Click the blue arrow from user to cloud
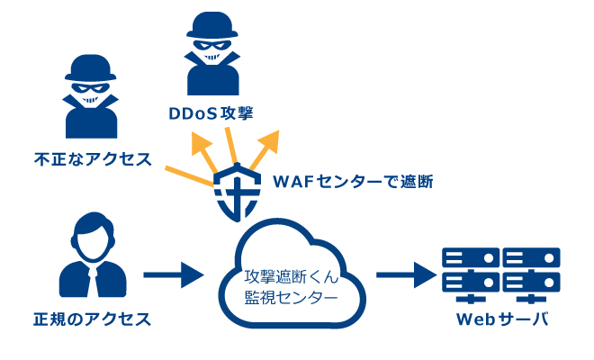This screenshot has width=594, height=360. point(175,274)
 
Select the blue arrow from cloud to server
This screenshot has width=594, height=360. point(404,274)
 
